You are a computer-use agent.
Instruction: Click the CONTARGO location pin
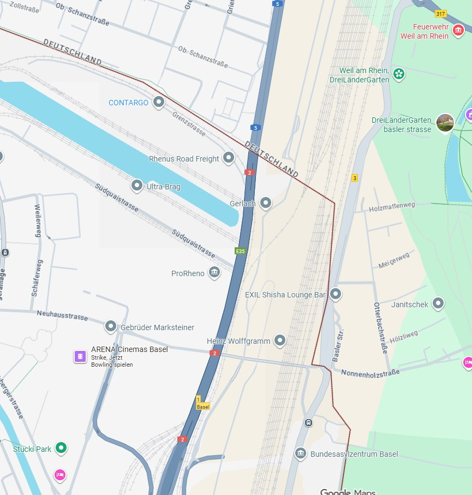point(159,102)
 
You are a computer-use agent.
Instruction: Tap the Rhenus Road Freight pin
point(229,158)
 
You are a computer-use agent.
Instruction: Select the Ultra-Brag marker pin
point(137,186)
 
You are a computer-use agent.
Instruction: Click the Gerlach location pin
point(266,203)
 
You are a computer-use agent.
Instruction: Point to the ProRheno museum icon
point(214,272)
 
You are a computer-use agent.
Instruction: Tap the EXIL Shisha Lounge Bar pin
point(336,294)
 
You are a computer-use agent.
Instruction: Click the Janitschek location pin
point(438,303)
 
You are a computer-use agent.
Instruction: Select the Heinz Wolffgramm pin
point(280,341)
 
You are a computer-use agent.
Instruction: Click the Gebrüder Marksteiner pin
point(111,326)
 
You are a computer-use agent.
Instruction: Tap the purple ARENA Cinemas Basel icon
point(80,356)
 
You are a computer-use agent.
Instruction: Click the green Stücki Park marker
point(62,448)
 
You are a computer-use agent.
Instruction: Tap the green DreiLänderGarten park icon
point(399,73)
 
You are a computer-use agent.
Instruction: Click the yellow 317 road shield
point(440,13)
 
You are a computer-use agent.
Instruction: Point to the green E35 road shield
point(240,251)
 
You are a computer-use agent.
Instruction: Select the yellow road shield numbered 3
point(355,178)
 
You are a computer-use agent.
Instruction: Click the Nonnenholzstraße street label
point(370,372)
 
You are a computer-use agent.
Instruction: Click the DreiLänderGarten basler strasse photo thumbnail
point(445,123)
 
